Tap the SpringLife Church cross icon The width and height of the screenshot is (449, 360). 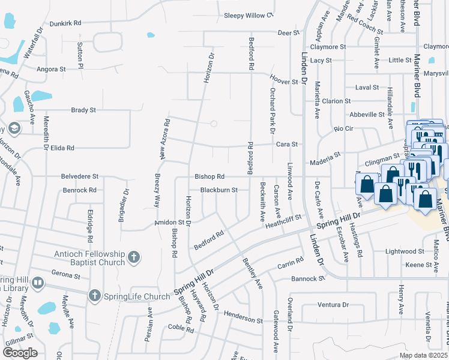[94, 295]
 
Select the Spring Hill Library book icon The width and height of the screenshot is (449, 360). [37, 283]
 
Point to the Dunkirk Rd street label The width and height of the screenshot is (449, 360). [65, 23]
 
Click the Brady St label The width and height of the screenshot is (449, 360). [83, 110]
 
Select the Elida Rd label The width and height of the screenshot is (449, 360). [62, 148]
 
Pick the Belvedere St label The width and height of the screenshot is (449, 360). [79, 177]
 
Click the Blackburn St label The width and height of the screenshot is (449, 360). [219, 190]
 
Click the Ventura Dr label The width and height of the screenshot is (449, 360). [329, 305]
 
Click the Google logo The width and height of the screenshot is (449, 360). [20, 353]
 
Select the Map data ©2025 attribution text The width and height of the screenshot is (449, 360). [423, 355]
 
